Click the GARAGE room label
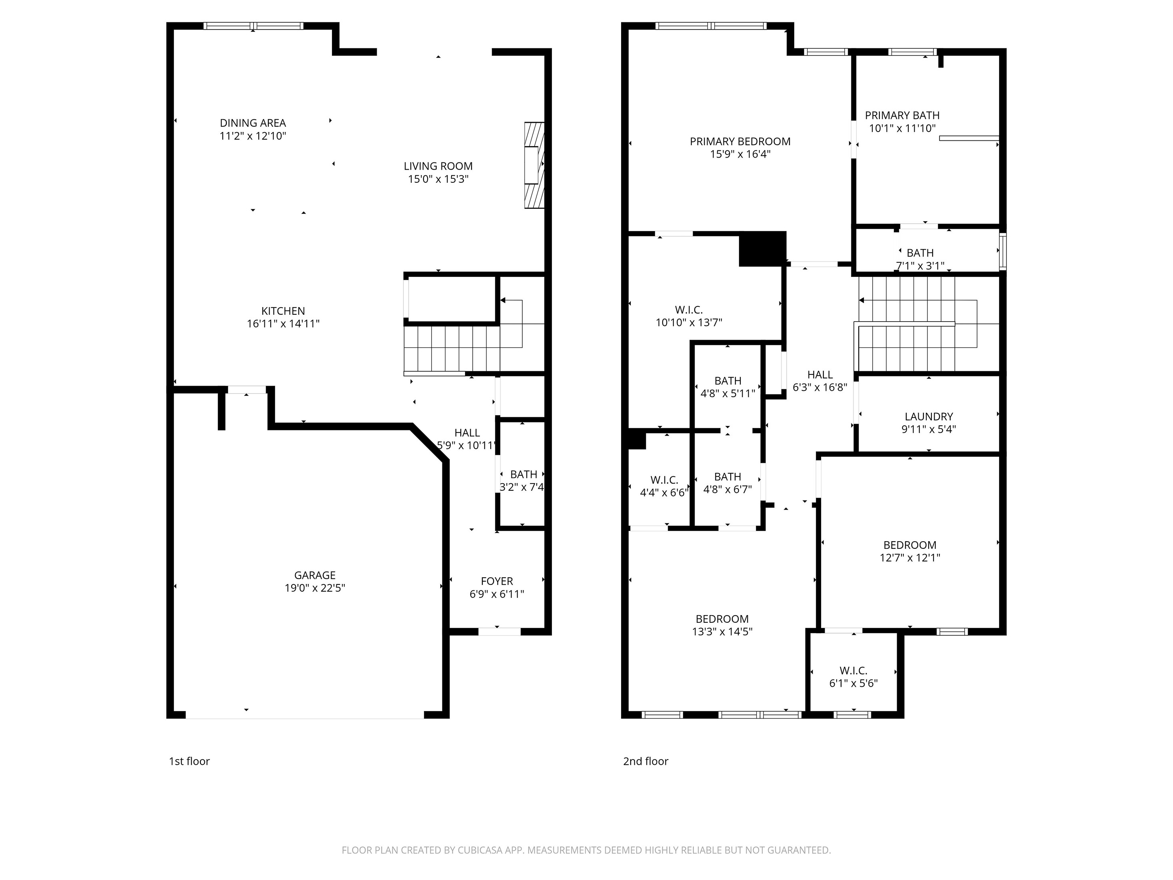click(x=315, y=575)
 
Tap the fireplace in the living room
click(x=534, y=165)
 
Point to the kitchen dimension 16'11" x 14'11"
click(x=283, y=324)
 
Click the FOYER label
click(x=497, y=581)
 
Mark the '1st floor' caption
click(x=189, y=761)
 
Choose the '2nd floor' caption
click(x=645, y=761)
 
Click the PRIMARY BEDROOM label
click(x=740, y=142)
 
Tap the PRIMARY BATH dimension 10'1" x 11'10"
click(x=902, y=128)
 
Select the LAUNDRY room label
click(x=929, y=417)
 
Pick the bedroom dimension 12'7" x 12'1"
click(x=910, y=558)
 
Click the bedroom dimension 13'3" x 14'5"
click(x=722, y=632)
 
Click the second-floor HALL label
click(x=820, y=374)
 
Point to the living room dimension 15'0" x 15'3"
click(x=438, y=179)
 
